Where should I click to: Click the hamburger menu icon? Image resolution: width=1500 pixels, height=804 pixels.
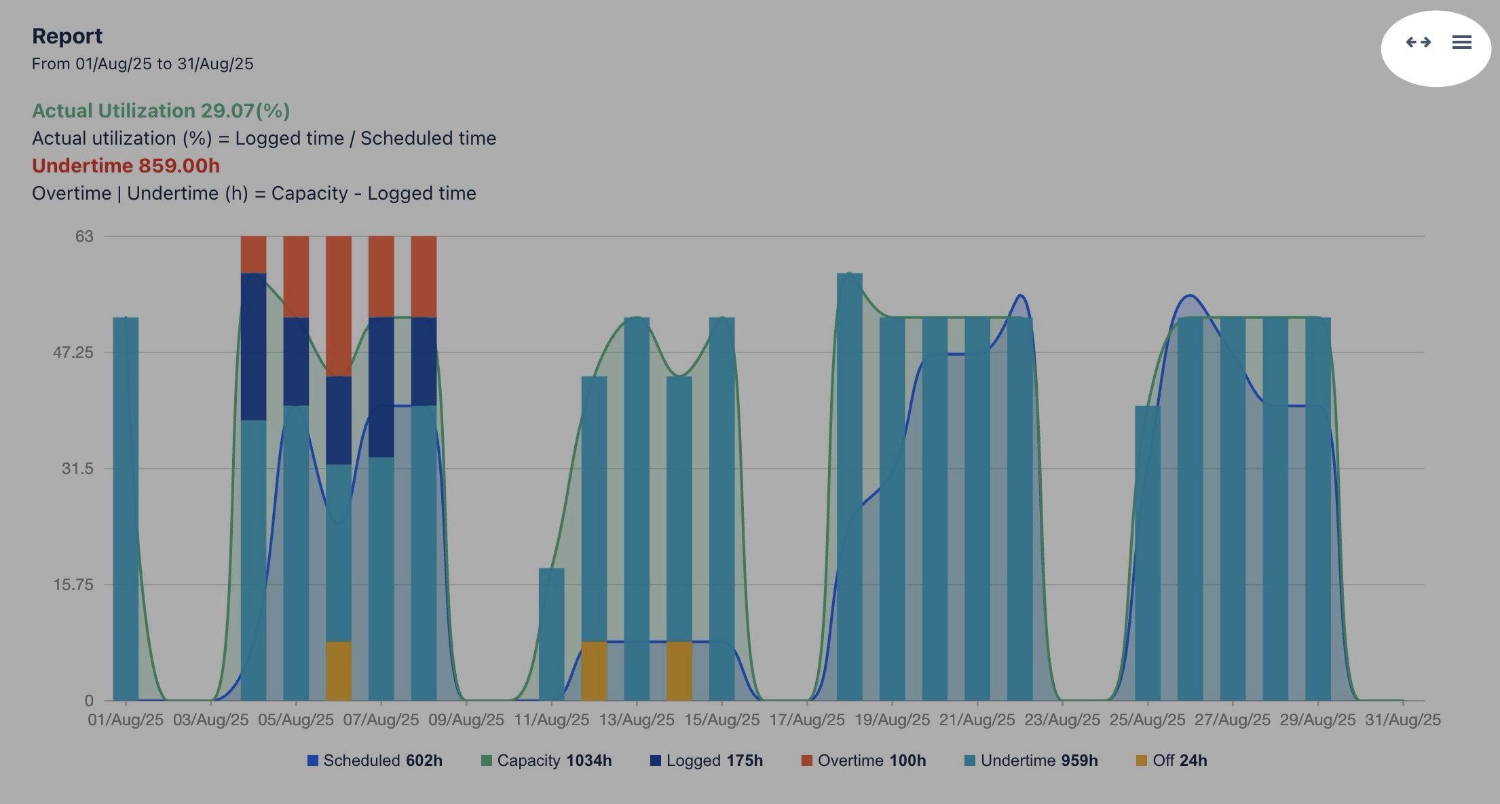1461,42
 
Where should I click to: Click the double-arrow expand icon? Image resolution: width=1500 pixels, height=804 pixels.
1418,42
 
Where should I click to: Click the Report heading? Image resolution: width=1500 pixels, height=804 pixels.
67,35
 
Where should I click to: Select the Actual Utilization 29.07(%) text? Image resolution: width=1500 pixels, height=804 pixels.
161,111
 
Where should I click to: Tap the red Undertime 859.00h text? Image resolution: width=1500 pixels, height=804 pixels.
126,166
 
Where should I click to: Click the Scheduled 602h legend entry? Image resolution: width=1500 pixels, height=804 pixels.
375,761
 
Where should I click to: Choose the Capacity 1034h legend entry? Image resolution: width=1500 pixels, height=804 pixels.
546,761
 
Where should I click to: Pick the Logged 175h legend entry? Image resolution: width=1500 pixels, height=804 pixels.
707,761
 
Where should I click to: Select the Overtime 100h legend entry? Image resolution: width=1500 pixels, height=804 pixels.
863,761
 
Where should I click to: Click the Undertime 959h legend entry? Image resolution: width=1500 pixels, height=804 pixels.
1031,761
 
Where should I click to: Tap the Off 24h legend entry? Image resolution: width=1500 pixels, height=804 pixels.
1171,761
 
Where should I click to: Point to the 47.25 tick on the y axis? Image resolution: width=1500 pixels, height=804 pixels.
73,352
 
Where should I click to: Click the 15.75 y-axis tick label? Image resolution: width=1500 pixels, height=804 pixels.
73,585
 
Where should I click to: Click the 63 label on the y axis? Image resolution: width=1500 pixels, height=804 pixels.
84,236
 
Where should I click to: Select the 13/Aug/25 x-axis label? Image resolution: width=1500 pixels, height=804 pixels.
637,720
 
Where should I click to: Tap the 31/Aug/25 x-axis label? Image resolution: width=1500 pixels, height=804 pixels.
1402,720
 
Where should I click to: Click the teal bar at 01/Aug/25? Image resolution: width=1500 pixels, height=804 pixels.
126,509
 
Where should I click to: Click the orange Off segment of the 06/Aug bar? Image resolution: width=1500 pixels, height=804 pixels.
339,671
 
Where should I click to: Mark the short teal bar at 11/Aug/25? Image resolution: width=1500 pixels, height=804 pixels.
551,634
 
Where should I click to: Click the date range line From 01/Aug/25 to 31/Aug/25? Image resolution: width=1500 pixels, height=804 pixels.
143,64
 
